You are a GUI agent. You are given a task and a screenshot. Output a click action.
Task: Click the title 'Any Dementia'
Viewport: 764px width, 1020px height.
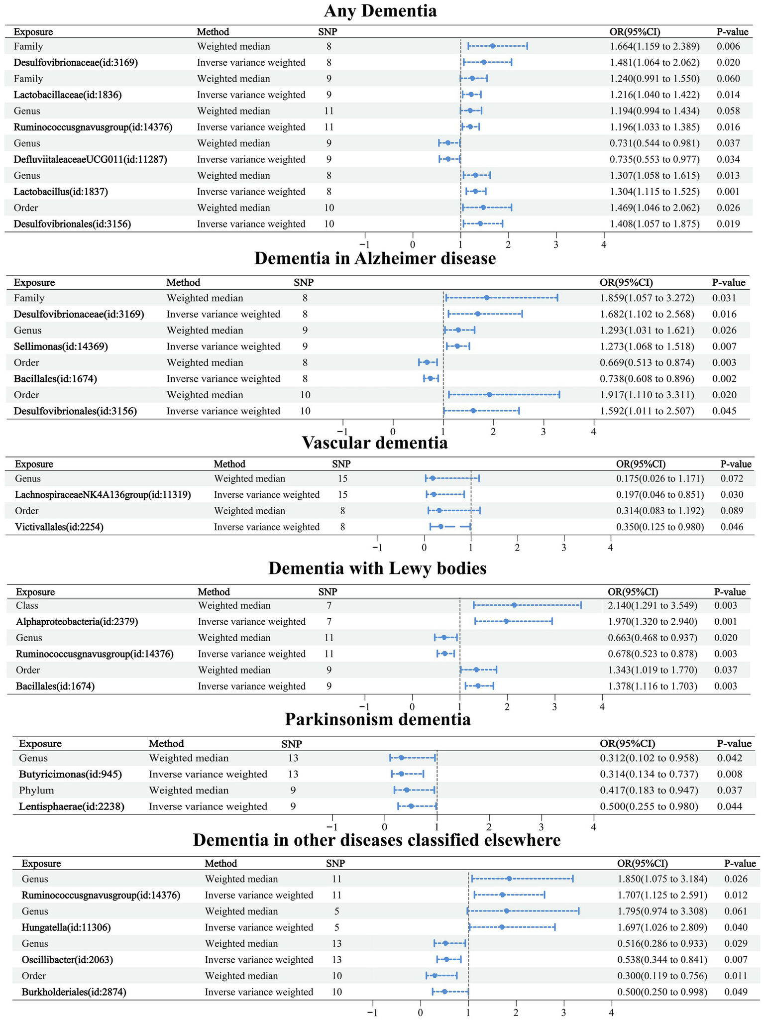(x=380, y=11)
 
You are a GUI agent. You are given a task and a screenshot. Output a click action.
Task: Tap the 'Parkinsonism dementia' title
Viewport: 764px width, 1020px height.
(x=378, y=719)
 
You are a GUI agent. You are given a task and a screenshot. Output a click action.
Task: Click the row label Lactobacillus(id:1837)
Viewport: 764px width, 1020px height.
(x=61, y=192)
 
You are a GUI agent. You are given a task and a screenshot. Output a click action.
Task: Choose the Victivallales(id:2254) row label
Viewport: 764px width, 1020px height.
(x=59, y=527)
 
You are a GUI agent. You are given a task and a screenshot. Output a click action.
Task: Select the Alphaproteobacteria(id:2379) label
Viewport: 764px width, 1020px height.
(x=77, y=622)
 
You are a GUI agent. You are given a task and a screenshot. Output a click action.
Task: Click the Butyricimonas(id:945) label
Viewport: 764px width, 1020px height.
(x=70, y=774)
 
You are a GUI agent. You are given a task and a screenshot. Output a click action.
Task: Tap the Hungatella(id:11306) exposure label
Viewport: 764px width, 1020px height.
(x=66, y=927)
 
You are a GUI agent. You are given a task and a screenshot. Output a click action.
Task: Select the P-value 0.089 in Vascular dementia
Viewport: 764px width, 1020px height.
(x=731, y=511)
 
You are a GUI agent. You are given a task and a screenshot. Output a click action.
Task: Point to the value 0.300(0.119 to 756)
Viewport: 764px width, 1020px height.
(x=662, y=976)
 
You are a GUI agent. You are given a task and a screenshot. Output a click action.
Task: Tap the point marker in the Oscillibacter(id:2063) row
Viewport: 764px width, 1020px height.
(x=446, y=960)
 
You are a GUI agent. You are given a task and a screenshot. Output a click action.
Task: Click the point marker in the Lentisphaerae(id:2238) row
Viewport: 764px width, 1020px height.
(x=411, y=806)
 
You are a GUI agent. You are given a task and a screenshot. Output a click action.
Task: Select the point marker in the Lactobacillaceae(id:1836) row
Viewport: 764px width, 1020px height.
(x=471, y=95)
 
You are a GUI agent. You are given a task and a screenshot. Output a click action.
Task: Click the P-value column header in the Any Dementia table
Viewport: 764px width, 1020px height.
(x=732, y=32)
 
